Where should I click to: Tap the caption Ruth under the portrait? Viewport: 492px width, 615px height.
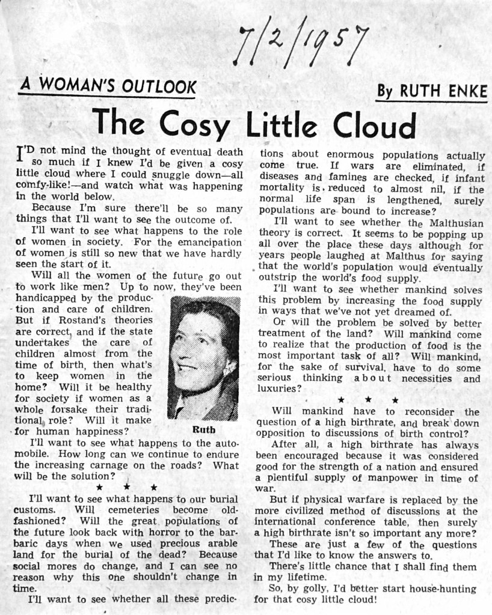[x=203, y=430]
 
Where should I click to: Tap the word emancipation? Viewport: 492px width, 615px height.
[x=206, y=242]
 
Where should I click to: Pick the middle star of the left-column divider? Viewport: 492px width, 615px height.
[x=126, y=487]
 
